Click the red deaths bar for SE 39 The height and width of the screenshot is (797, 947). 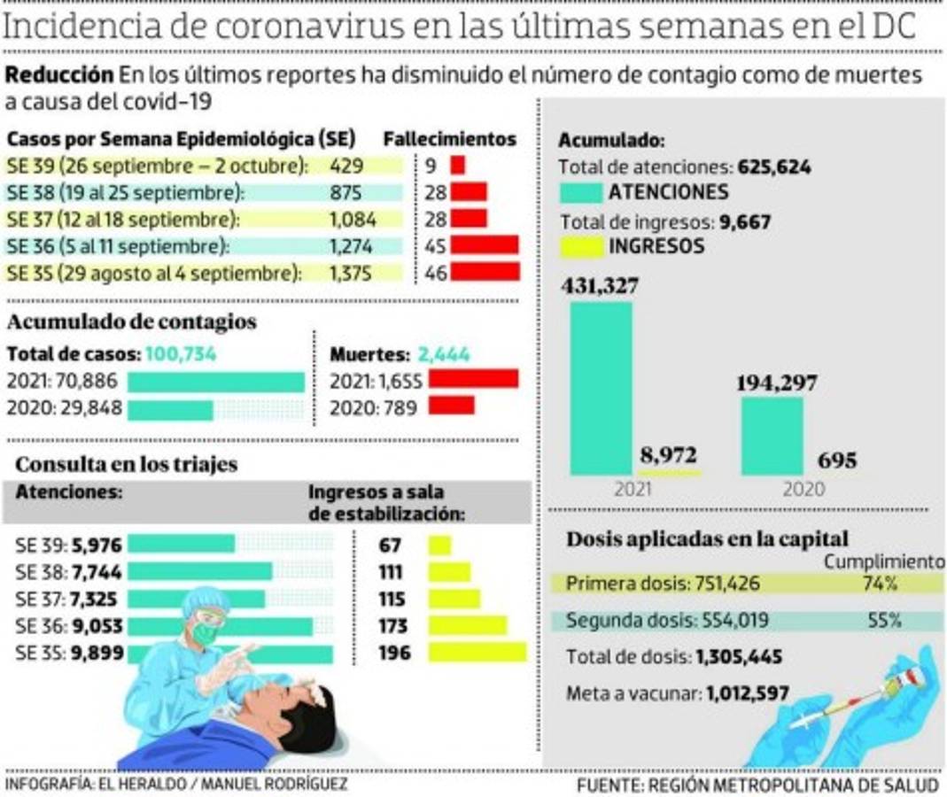coord(457,165)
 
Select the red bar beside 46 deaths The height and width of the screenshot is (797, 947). coord(485,272)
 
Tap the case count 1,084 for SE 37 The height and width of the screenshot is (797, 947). coord(353,219)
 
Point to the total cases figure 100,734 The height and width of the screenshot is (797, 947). coord(181,354)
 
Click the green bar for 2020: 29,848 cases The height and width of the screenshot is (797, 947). coord(170,410)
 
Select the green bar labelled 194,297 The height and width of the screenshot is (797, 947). coord(772,436)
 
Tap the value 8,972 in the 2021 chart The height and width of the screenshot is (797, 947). coord(667,455)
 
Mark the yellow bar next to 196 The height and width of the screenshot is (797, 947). coord(477,653)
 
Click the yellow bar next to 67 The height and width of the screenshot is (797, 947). coord(439,546)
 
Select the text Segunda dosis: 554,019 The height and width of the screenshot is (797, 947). coord(667,621)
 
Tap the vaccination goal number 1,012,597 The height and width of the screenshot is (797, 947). coord(748,693)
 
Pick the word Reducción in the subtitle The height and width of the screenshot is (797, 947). coord(59,75)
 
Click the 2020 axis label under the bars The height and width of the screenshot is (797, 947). coord(803,489)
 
